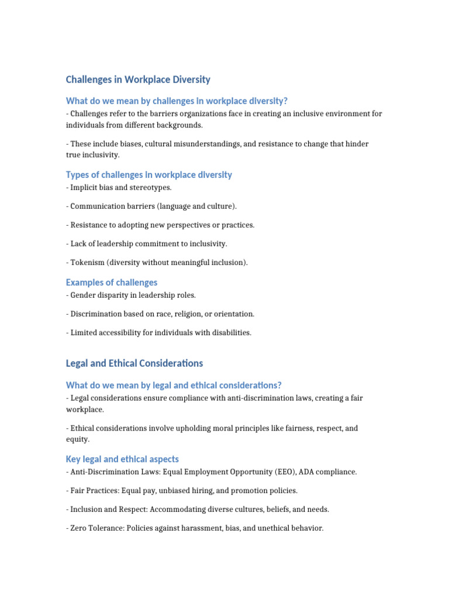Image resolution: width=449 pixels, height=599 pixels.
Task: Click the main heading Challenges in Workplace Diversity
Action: pyautogui.click(x=138, y=79)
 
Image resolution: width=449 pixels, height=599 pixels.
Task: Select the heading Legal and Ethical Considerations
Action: pyautogui.click(x=134, y=363)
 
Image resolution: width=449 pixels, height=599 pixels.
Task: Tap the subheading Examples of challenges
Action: pyautogui.click(x=112, y=282)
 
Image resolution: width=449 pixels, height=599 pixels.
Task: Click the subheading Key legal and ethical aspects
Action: pyautogui.click(x=122, y=459)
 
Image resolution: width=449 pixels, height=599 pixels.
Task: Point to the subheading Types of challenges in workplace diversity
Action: pyautogui.click(x=148, y=174)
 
